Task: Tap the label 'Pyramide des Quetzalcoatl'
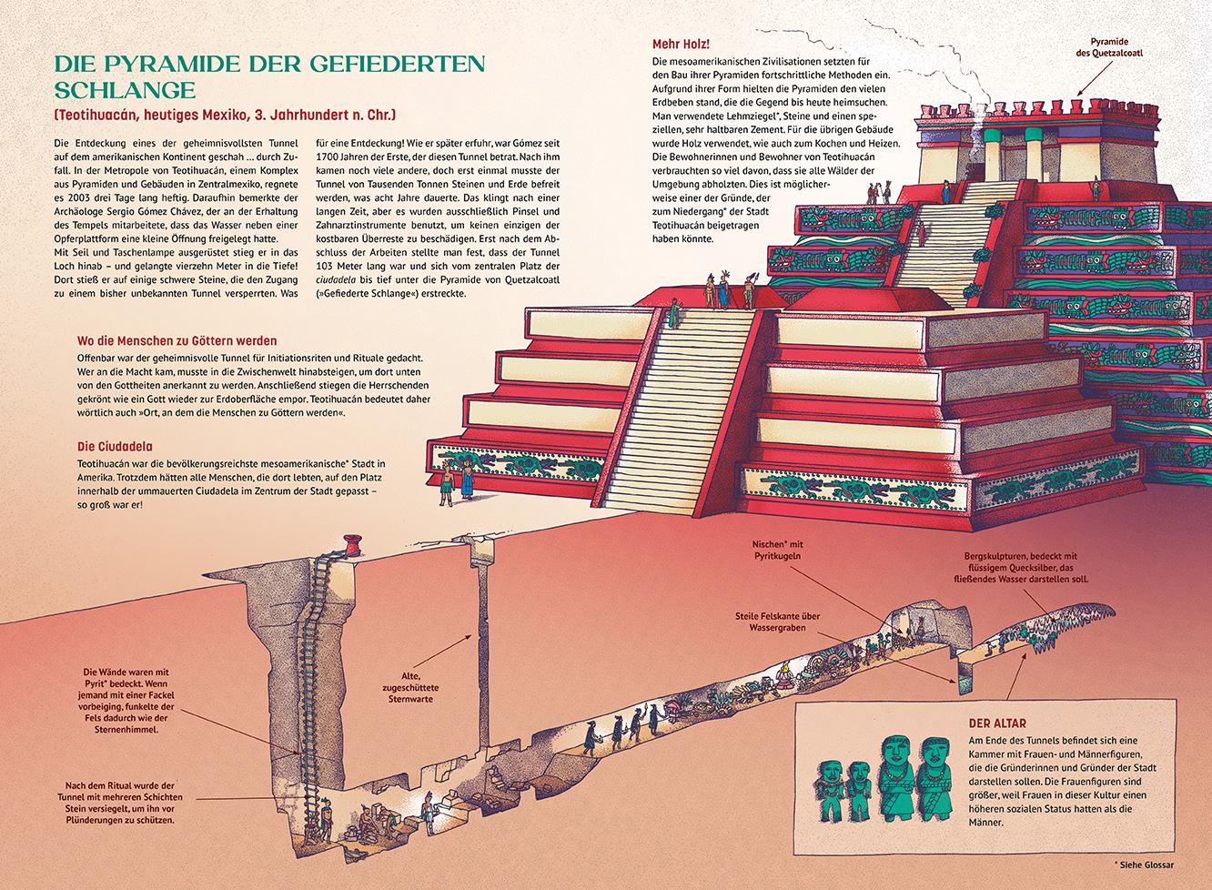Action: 1115,47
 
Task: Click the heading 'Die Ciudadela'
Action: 115,447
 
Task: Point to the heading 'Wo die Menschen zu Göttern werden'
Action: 177,341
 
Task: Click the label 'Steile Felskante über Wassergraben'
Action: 778,622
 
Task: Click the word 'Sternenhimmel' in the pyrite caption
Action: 126,729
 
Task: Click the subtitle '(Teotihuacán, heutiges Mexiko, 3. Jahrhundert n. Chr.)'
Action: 225,116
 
